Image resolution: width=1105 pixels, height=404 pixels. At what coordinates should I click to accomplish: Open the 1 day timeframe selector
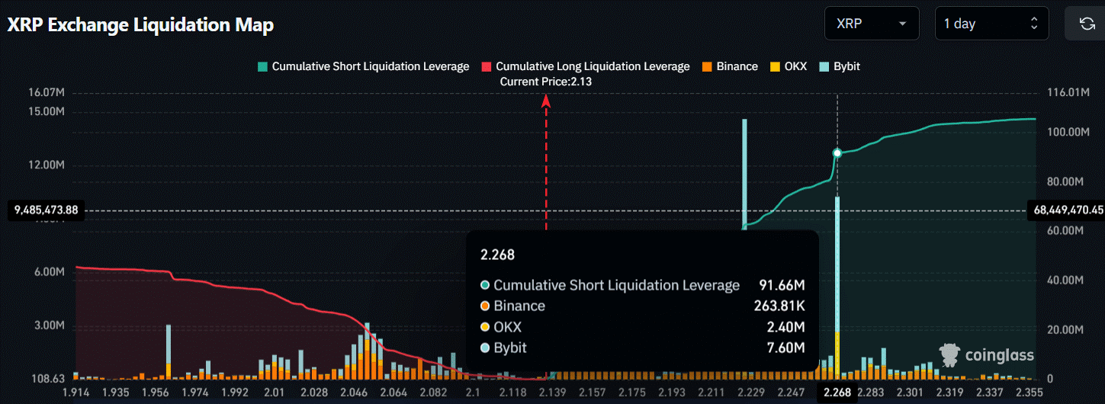tap(991, 24)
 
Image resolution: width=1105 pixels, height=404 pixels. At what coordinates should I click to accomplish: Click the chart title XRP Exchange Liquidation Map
tap(140, 24)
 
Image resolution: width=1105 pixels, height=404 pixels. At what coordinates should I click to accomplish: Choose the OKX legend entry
tap(789, 66)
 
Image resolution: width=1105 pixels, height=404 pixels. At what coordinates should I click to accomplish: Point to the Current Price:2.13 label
tap(546, 82)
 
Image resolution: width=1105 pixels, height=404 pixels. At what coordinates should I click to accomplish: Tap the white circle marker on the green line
tap(837, 153)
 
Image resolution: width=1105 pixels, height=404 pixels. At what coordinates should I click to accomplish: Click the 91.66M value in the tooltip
tap(782, 285)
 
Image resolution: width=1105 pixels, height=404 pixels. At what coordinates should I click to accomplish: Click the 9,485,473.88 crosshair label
tap(46, 210)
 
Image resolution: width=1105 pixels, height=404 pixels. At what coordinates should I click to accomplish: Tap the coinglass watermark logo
tap(987, 354)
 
